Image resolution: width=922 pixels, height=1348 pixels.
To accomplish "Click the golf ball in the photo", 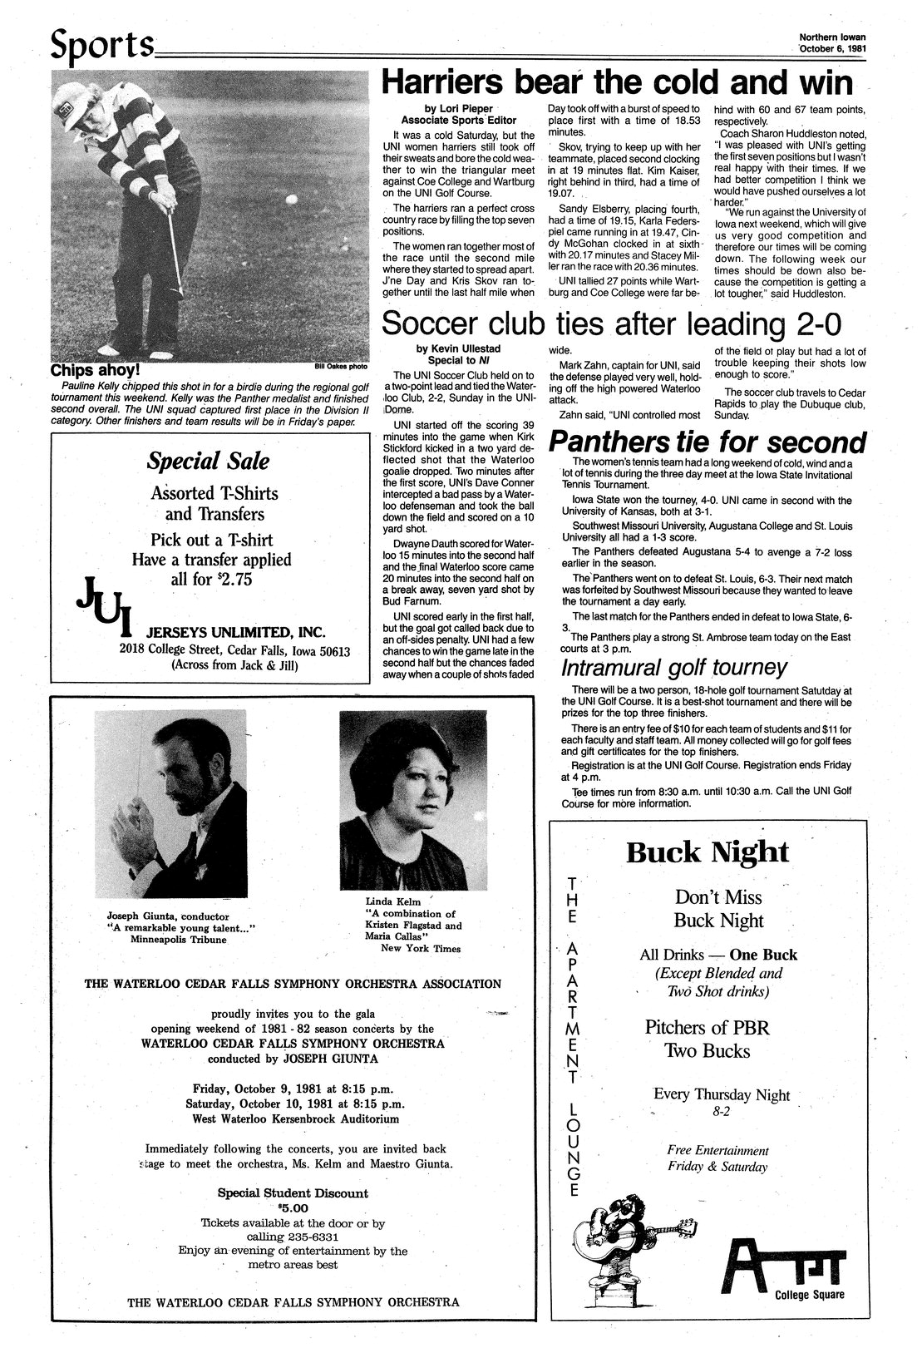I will coord(290,200).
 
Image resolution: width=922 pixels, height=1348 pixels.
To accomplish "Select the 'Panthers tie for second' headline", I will coord(705,442).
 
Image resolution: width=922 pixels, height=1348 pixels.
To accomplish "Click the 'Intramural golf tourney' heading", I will coord(673,668).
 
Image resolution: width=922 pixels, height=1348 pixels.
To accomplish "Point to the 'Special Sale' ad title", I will coord(209,461).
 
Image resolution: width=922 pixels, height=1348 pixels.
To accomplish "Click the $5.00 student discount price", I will coord(293,1208).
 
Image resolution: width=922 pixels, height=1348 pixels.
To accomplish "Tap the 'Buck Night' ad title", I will coord(707,852).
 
